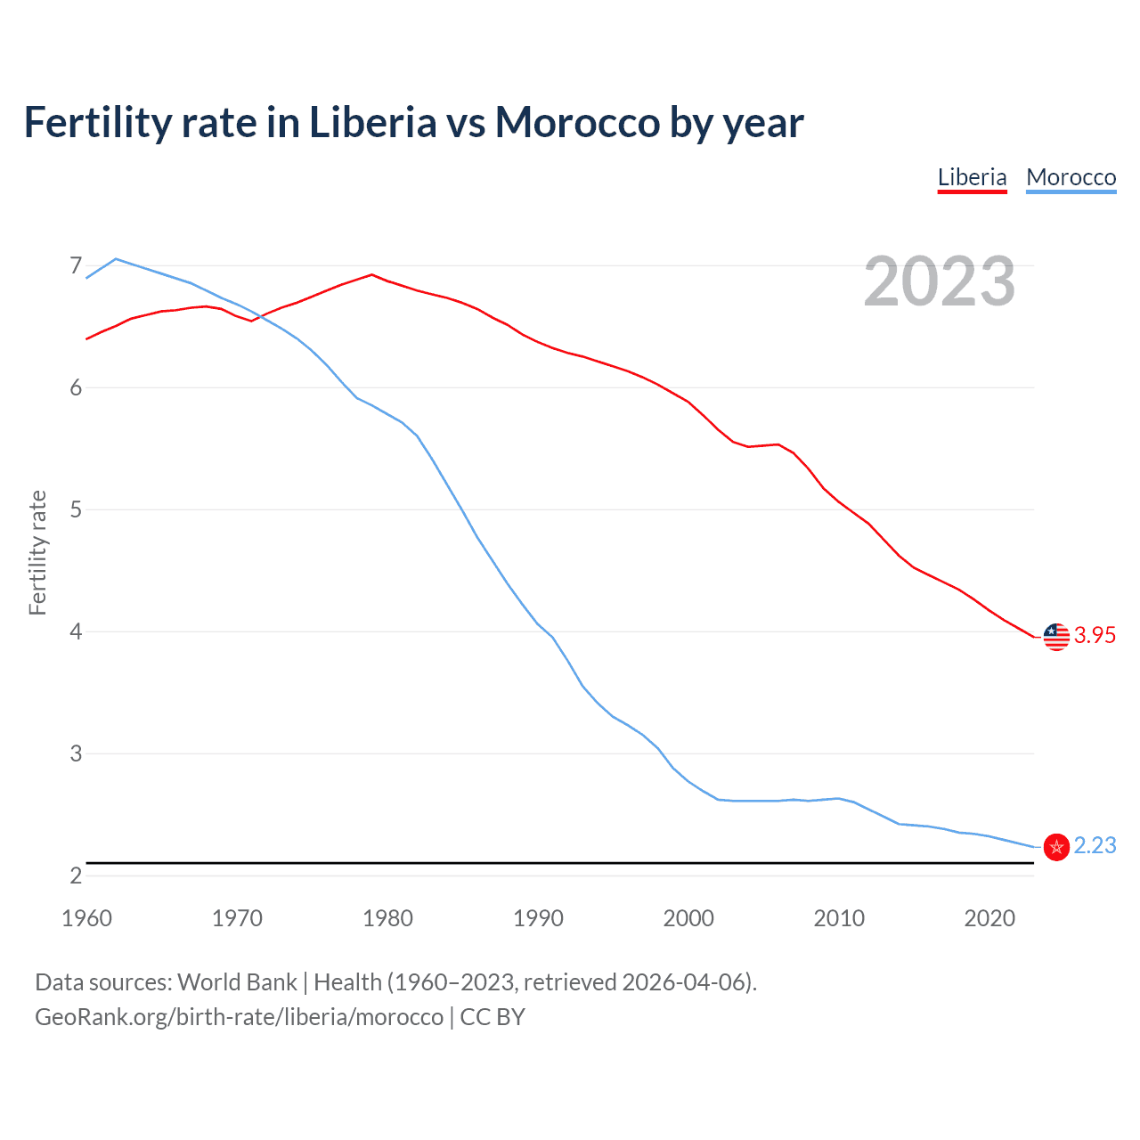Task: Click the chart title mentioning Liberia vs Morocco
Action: [413, 123]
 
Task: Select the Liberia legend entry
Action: [972, 177]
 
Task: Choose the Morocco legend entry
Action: [1071, 177]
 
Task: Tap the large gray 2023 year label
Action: [939, 281]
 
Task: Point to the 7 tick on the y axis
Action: [76, 265]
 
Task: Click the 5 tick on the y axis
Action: [76, 509]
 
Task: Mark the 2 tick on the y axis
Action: [76, 875]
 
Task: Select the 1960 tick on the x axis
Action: [86, 918]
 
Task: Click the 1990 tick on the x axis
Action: [538, 918]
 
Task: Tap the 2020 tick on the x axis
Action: [989, 918]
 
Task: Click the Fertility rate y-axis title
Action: [37, 552]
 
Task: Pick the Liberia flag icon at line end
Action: [1056, 636]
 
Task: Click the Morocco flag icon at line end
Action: [1056, 847]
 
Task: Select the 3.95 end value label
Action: [1095, 635]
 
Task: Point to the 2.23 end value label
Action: [1095, 845]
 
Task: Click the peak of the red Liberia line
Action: [372, 274]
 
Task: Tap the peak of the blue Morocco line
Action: [116, 259]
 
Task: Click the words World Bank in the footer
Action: [237, 982]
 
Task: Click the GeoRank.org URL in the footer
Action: [239, 1017]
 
